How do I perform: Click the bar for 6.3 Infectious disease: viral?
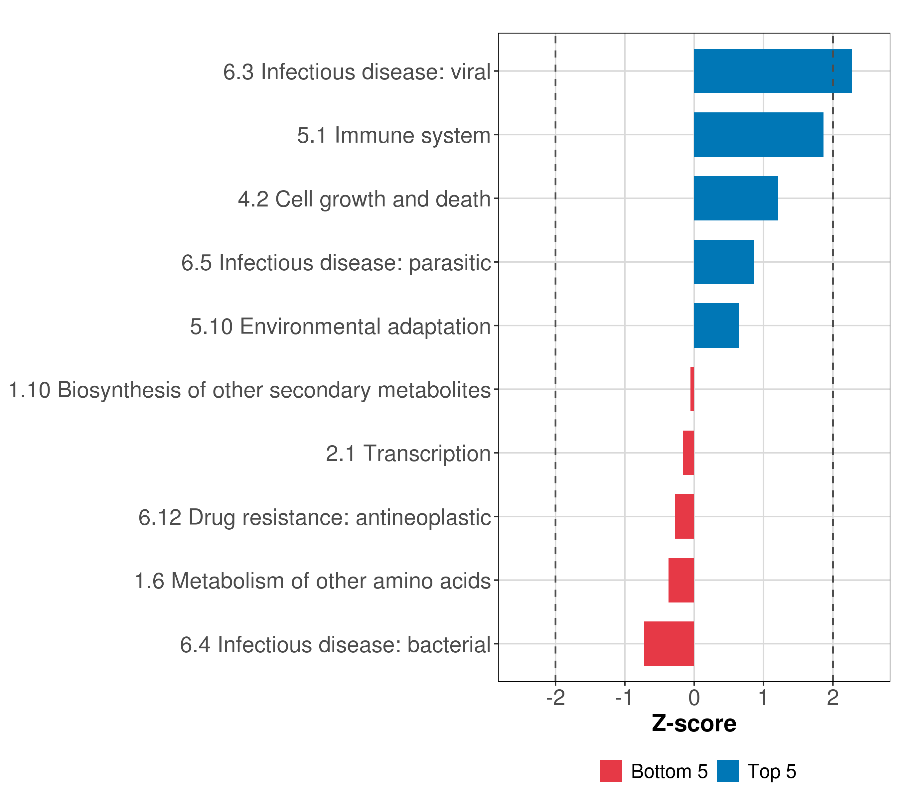coord(772,71)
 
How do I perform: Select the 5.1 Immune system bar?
coord(758,135)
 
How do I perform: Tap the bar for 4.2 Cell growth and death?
coord(736,198)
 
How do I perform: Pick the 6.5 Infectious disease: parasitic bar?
coord(724,262)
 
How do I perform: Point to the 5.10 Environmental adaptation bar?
coord(716,326)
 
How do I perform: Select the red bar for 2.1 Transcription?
coord(688,453)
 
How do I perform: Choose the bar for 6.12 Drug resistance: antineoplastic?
coord(684,516)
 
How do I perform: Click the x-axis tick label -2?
coord(555,698)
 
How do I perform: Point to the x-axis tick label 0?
coord(694,698)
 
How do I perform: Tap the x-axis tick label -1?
coord(624,698)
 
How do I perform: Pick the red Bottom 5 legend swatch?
coord(611,771)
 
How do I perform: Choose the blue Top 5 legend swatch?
coord(727,771)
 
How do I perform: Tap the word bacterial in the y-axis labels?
coord(449,645)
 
